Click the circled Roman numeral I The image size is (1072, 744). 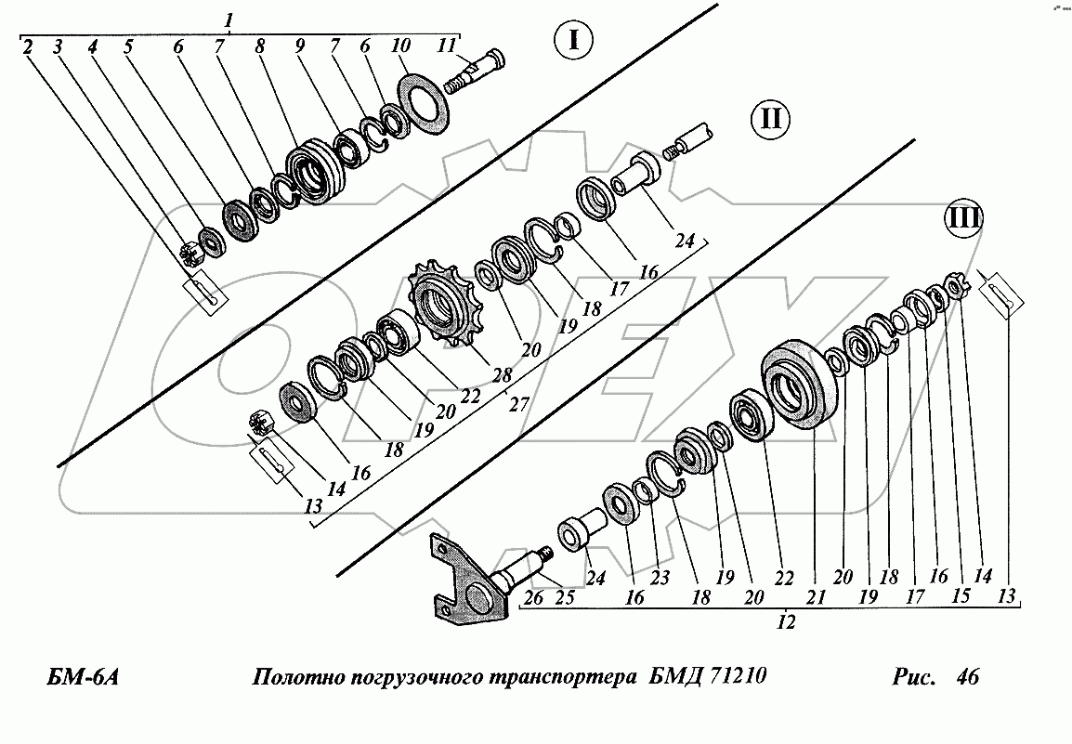(573, 40)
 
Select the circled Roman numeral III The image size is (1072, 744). (962, 220)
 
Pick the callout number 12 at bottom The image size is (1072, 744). (786, 624)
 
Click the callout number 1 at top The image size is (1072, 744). (229, 20)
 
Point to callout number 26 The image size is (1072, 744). (532, 598)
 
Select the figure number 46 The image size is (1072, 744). (966, 677)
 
